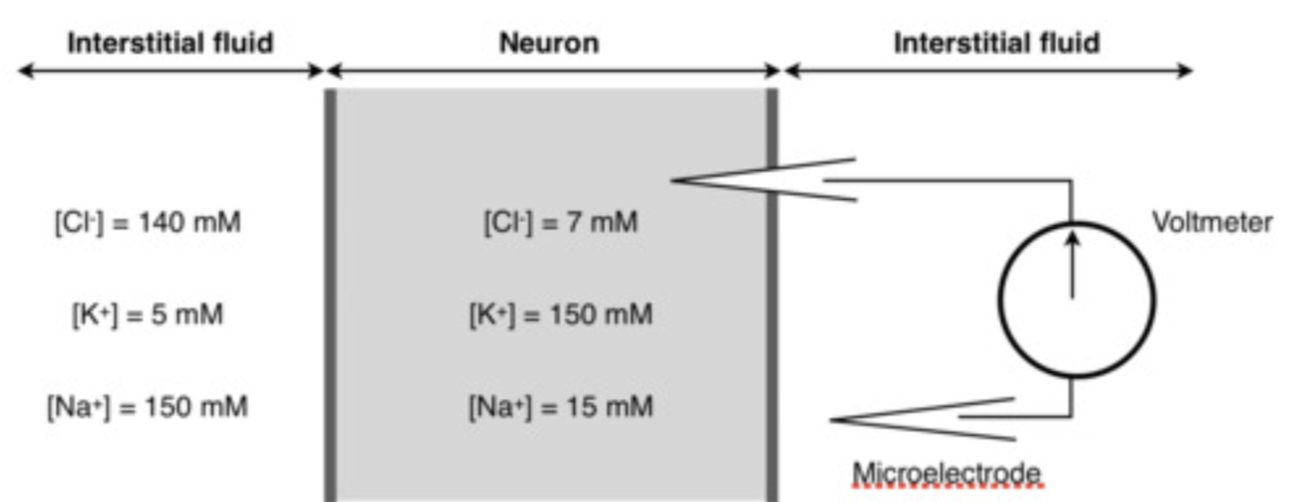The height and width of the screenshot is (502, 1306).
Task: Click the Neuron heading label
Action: point(549,43)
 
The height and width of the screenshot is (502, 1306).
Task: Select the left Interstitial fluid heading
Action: point(170,43)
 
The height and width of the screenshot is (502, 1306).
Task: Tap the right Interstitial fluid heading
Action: point(996,43)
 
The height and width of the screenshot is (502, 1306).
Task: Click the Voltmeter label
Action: point(1212,223)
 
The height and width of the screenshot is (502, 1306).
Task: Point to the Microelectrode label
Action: point(946,473)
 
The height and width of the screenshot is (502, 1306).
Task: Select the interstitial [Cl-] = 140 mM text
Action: point(148,223)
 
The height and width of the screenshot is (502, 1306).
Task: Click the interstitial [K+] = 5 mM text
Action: point(148,315)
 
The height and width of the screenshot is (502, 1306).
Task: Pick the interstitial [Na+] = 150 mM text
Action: point(148,407)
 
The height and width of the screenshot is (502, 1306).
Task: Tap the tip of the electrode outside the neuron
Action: point(833,419)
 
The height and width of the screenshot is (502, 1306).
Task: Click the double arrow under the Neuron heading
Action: point(553,71)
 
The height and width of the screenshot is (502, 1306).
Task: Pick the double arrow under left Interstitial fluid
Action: point(170,71)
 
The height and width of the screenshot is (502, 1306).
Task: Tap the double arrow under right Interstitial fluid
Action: point(988,71)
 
